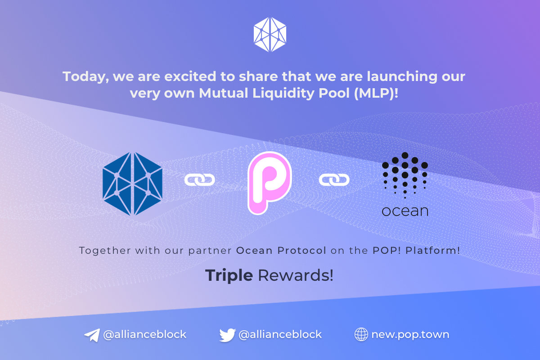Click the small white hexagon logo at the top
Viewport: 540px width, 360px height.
(270, 35)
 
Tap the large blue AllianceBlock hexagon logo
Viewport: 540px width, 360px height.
(132, 184)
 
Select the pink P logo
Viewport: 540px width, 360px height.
(270, 183)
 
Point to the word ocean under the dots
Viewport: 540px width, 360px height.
(405, 211)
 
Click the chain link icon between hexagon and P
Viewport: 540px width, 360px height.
(200, 180)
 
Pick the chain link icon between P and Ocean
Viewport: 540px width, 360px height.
(334, 180)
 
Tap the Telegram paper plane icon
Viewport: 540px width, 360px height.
(92, 335)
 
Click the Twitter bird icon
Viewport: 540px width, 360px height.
(227, 335)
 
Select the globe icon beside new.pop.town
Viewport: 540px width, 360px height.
(361, 334)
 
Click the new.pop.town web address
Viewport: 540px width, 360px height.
(410, 335)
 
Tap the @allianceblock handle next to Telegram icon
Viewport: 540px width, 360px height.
(144, 335)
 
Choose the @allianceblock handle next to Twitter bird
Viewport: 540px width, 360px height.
(280, 335)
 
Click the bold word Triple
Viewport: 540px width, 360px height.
(229, 275)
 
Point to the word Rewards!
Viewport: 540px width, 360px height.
(296, 275)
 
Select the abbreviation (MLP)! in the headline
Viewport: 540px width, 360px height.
(376, 93)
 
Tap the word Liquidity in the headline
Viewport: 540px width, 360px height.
(283, 94)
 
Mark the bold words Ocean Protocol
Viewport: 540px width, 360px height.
(281, 251)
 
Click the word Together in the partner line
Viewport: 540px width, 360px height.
(105, 251)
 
